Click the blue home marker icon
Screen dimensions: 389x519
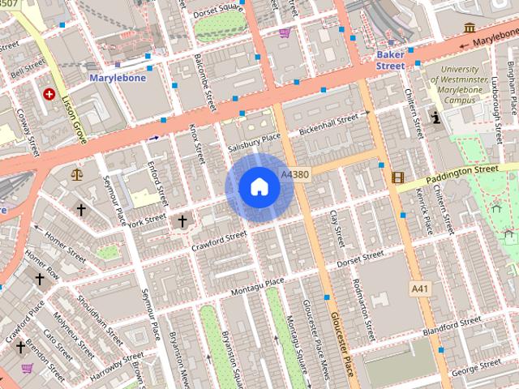[259, 188]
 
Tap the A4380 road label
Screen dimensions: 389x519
[294, 174]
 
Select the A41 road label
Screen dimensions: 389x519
[419, 289]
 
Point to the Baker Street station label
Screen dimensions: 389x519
[390, 60]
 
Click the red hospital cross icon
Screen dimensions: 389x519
[50, 94]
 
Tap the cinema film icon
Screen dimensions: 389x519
[397, 177]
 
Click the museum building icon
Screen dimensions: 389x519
[470, 28]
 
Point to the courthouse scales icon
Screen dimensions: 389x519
[77, 173]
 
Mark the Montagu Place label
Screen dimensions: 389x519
[257, 284]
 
